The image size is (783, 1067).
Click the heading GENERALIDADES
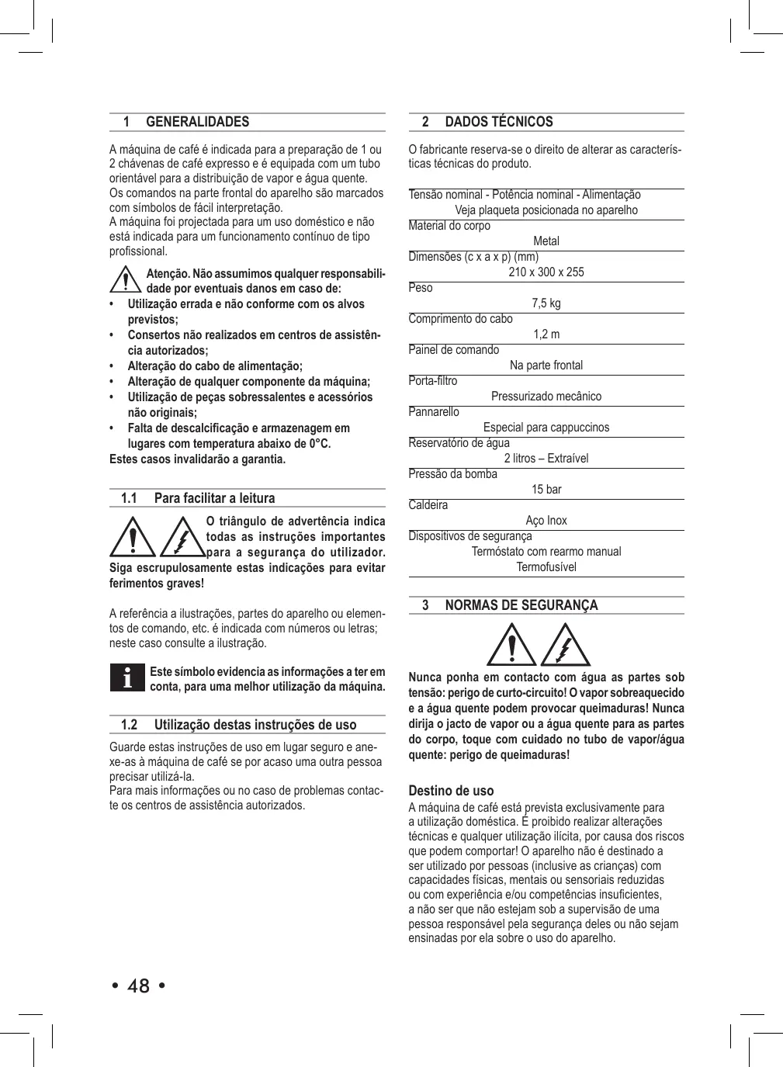pyautogui.click(x=197, y=122)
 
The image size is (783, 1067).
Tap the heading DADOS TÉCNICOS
pyautogui.click(x=498, y=122)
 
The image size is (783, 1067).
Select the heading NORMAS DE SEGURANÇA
pyautogui.click(x=521, y=605)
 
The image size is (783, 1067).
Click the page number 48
pyautogui.click(x=138, y=986)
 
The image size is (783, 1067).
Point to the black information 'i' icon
pyautogui.click(x=126, y=677)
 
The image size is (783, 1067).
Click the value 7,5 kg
pyautogui.click(x=546, y=303)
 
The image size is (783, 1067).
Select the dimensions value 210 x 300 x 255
pyautogui.click(x=546, y=272)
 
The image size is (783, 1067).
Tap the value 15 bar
pyautogui.click(x=546, y=489)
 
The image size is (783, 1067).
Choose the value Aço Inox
pyautogui.click(x=546, y=520)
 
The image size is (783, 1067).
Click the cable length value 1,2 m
pyautogui.click(x=546, y=334)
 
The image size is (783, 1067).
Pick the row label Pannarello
pyautogui.click(x=434, y=412)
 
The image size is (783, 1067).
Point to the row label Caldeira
pyautogui.click(x=428, y=505)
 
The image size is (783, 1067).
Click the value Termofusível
pyautogui.click(x=546, y=566)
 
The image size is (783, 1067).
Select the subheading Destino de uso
pyautogui.click(x=451, y=791)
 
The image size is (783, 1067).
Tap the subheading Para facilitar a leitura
pyautogui.click(x=214, y=498)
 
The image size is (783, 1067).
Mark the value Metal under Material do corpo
pyautogui.click(x=546, y=241)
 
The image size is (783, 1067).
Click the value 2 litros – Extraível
pyautogui.click(x=546, y=458)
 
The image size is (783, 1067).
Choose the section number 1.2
pyautogui.click(x=129, y=725)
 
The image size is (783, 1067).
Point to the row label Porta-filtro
pyautogui.click(x=433, y=381)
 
